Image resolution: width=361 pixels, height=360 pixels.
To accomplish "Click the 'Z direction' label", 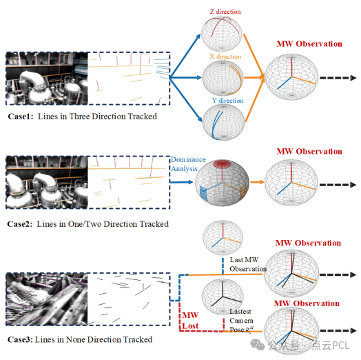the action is pos(225,12).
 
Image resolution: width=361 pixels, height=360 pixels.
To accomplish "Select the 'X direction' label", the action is pos(225,57).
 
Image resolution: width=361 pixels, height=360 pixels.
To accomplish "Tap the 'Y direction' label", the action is pos(228,101).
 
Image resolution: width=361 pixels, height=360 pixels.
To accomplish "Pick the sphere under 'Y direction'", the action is pos(223,122).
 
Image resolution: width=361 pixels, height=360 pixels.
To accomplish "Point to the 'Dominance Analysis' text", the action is pos(188,164).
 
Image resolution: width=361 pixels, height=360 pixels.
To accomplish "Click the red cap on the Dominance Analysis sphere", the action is pos(222,164).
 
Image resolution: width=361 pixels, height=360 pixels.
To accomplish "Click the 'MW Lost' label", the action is pos(190,321).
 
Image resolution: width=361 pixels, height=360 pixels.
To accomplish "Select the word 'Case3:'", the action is pos(20,339).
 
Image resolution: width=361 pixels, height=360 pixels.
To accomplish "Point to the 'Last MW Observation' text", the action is pos(248,264).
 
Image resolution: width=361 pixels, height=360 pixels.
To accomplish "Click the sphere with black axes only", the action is pos(223,297).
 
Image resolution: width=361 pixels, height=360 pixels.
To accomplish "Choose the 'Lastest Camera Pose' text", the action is pos(242,321).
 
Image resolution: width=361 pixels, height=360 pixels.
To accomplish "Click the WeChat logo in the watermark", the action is pos(258,345).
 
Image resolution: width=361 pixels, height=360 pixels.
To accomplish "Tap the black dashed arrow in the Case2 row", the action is pos(338,185).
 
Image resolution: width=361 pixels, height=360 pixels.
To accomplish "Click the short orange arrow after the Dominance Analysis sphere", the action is pos(257,182).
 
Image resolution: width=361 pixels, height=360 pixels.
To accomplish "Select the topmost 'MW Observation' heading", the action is pos(309,43).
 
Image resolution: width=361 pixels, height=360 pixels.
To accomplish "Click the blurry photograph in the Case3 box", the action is pos(47,299).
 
